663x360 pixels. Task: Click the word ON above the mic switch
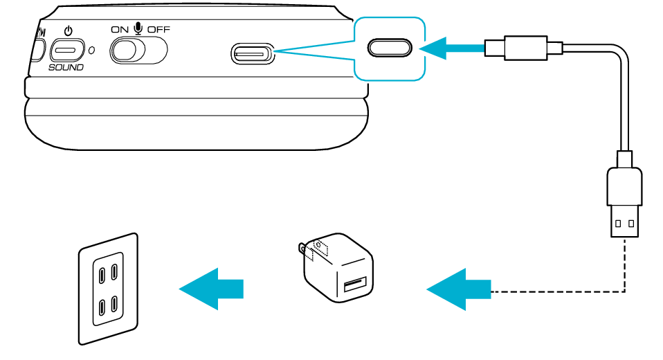pos(120,29)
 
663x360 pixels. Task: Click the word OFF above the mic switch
pos(158,29)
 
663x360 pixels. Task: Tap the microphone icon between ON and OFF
pos(138,28)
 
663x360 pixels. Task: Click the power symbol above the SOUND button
pos(68,31)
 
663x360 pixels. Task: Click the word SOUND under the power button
pos(66,67)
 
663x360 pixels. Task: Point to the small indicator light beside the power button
pos(92,51)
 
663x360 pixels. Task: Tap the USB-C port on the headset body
pos(253,53)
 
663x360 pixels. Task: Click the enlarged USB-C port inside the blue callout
pos(390,47)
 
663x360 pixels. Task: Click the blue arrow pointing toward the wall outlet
pos(212,288)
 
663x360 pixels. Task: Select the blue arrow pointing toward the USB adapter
pos(459,289)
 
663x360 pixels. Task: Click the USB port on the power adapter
pos(354,285)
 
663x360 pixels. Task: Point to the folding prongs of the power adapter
pos(302,249)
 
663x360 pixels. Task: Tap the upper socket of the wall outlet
pos(107,273)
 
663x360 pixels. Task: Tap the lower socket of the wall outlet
pos(107,305)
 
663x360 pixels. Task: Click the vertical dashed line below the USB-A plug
pos(624,263)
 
